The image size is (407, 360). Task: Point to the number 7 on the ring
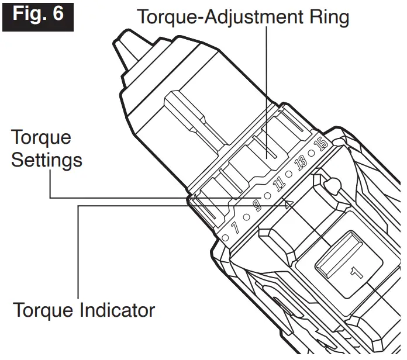(x=236, y=227)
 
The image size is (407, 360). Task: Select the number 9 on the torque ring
(x=256, y=205)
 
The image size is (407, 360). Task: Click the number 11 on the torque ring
(x=279, y=184)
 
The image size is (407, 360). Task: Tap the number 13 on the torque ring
(x=301, y=163)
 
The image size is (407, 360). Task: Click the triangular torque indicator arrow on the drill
(x=287, y=203)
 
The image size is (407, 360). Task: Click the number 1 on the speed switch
(x=356, y=271)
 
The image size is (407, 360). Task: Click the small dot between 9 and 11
(x=267, y=195)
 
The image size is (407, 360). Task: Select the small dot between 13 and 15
(x=311, y=153)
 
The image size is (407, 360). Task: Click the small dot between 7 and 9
(x=246, y=216)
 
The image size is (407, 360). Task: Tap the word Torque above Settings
(x=41, y=138)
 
